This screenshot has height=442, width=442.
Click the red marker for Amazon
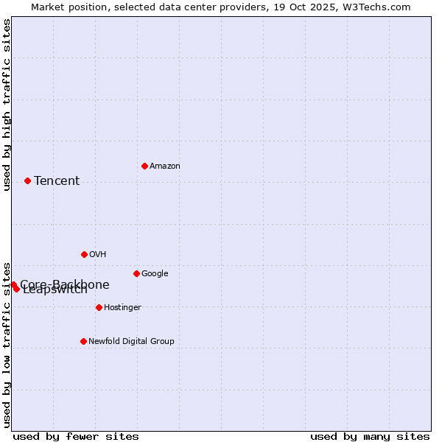144,166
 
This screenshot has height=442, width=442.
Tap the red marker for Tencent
27,180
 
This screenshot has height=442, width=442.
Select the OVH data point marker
84,254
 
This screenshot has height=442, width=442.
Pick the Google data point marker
136,273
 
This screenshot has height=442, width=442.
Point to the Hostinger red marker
99,307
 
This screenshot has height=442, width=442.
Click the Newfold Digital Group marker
83,341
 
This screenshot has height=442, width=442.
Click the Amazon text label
165,166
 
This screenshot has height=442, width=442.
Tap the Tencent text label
57,181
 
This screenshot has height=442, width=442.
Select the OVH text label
98,255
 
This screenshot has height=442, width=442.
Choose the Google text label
155,274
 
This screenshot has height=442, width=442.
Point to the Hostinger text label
122,308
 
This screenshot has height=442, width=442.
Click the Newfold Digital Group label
131,342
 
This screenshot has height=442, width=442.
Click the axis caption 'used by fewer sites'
76,436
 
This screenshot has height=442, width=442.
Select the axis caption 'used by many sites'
370,436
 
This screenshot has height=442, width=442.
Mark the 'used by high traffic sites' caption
7,105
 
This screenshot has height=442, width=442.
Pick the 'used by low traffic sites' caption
7,344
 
